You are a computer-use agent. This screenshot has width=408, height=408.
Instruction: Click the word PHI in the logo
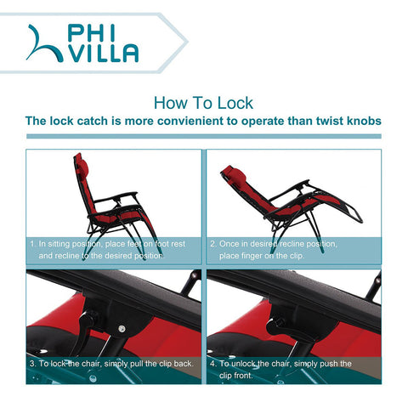coord(91,33)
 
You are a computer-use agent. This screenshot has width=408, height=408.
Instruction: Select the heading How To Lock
coord(203,103)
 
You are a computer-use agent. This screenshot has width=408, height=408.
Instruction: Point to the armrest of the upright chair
coord(116,196)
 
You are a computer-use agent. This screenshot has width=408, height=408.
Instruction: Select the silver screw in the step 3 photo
coord(122,329)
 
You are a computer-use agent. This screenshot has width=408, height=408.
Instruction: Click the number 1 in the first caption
coord(32,244)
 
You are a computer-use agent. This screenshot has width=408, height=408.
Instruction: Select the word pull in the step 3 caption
coord(137,364)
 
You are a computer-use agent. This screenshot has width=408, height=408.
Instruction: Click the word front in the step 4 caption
coord(243,376)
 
